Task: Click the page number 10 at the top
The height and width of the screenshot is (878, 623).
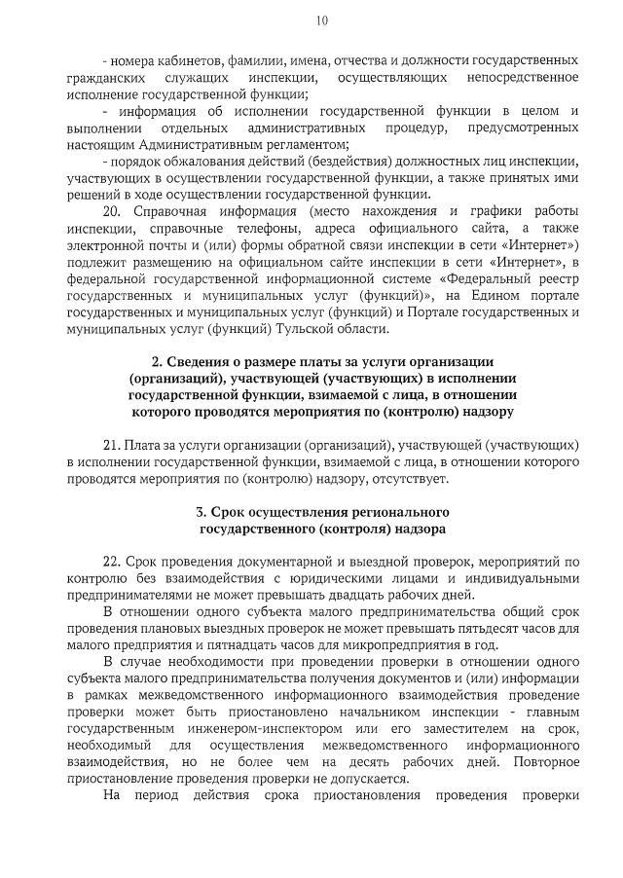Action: click(322, 20)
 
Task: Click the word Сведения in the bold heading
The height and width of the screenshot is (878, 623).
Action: click(209, 362)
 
